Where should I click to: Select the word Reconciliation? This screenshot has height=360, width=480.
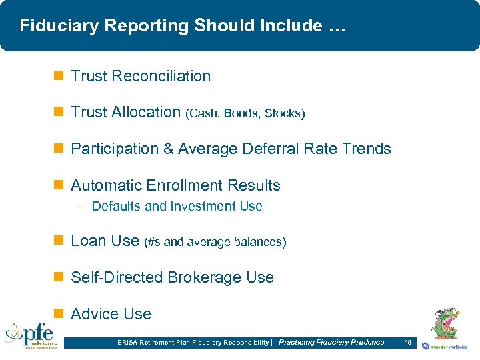point(161,76)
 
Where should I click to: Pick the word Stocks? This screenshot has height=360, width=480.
point(283,113)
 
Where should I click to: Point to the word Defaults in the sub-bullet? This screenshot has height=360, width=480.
point(116,207)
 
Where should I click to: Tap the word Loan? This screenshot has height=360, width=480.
point(87,241)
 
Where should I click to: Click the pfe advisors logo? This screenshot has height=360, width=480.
point(31,335)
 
